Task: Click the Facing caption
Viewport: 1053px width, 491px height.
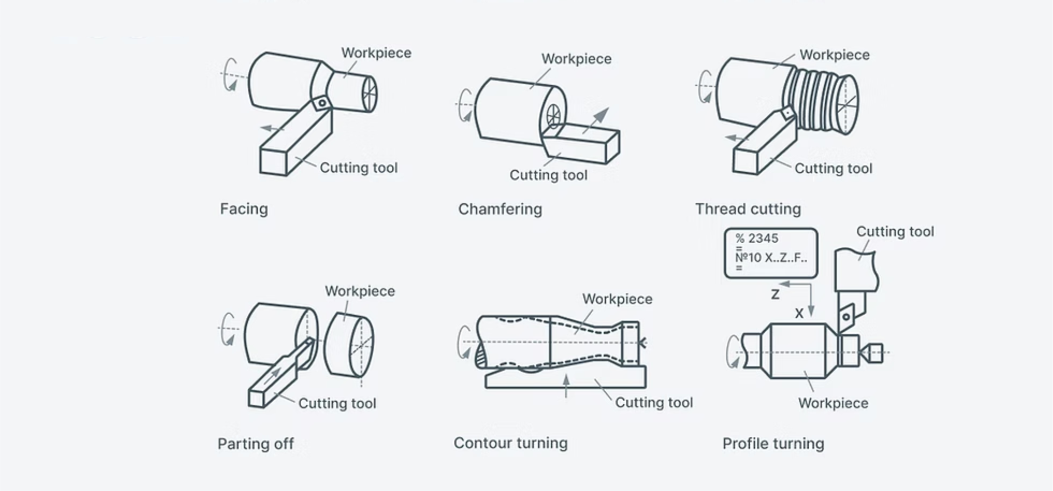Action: pyautogui.click(x=244, y=209)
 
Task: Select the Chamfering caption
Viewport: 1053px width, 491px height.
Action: pyautogui.click(x=500, y=209)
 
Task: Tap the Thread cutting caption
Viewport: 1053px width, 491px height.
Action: pyautogui.click(x=748, y=209)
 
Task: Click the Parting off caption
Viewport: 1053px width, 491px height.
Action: pyautogui.click(x=256, y=444)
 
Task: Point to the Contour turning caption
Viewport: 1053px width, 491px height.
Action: pyautogui.click(x=511, y=443)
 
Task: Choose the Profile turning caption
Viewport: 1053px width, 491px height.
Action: pyautogui.click(x=773, y=444)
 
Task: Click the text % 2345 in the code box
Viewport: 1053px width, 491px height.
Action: pyautogui.click(x=756, y=239)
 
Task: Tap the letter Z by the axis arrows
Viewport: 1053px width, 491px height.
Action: pyautogui.click(x=775, y=295)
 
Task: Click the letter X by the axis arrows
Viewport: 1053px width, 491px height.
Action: pyautogui.click(x=798, y=314)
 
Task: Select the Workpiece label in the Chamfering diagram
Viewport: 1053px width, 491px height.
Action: pyautogui.click(x=576, y=59)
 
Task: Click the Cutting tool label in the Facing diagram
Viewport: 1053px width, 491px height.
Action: pyautogui.click(x=358, y=168)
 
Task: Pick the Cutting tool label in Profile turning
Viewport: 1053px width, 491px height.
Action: pyautogui.click(x=895, y=232)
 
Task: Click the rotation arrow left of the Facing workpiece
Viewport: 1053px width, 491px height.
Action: pyautogui.click(x=230, y=75)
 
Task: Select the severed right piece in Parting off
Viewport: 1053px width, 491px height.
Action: pyautogui.click(x=349, y=344)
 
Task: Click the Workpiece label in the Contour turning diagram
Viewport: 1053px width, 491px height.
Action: pyautogui.click(x=617, y=299)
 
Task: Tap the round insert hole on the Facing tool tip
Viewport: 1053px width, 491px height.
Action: pyautogui.click(x=322, y=103)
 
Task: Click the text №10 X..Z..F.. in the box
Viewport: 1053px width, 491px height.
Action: pyautogui.click(x=771, y=258)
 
